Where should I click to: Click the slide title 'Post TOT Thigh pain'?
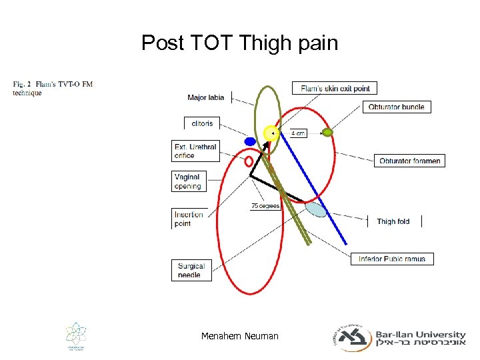[239, 44]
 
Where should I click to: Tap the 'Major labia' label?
[206, 98]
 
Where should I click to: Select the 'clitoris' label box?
[201, 123]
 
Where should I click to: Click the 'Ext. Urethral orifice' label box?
[195, 151]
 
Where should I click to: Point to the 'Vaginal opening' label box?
[187, 181]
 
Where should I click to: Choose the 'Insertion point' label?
[189, 219]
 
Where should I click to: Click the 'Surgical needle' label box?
[191, 270]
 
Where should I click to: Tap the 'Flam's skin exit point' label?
[335, 88]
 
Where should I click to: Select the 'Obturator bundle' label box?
[396, 107]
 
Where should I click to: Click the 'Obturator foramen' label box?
[409, 161]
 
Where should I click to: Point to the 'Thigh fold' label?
[393, 221]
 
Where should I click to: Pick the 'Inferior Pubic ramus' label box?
[392, 259]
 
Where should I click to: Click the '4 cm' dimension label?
[297, 133]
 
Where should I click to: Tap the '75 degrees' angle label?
[265, 206]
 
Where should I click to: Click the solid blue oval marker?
[250, 141]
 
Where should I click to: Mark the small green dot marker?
[327, 133]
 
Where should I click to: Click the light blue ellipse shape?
[316, 209]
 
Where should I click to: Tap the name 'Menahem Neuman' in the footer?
[239, 336]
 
